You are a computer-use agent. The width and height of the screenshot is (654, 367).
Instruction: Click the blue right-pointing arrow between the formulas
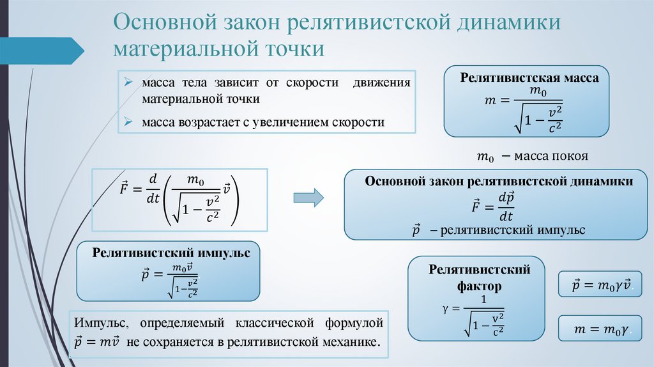pos(308,197)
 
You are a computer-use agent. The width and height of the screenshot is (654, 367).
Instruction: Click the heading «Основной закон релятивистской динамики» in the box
pos(499,182)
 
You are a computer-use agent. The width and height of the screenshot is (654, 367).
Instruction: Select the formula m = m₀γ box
pos(600,329)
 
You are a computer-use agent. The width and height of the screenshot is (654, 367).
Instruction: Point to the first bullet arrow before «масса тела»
pos(128,84)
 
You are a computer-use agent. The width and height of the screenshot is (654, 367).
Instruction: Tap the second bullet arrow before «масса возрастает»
pos(128,121)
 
